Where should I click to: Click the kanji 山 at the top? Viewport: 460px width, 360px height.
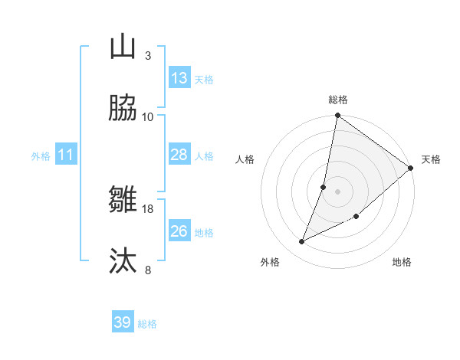pyautogui.click(x=123, y=47)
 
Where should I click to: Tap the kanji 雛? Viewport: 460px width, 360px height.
pyautogui.click(x=123, y=200)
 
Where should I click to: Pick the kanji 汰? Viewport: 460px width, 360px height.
pyautogui.click(x=123, y=261)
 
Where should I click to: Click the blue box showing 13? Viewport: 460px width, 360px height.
pyautogui.click(x=179, y=78)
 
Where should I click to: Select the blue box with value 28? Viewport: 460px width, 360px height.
pyautogui.click(x=179, y=155)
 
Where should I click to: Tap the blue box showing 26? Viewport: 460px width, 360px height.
pyautogui.click(x=179, y=231)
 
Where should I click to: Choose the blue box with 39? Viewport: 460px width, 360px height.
pyautogui.click(x=123, y=322)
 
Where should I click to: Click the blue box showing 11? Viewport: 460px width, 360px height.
pyautogui.click(x=66, y=155)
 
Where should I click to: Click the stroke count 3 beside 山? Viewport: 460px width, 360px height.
pyautogui.click(x=148, y=55)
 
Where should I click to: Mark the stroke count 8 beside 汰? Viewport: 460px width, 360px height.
pyautogui.click(x=148, y=270)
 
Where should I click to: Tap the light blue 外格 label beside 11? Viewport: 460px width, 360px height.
pyautogui.click(x=41, y=156)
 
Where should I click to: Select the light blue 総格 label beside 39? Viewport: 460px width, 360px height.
pyautogui.click(x=148, y=324)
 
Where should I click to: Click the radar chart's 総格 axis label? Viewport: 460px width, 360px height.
pyautogui.click(x=338, y=100)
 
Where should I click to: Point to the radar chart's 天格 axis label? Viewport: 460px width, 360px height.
pyautogui.click(x=431, y=159)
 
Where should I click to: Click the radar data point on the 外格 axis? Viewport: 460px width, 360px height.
pyautogui.click(x=302, y=242)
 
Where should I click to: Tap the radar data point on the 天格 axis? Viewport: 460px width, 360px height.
pyautogui.click(x=411, y=169)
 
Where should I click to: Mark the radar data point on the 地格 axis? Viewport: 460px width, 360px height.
pyautogui.click(x=356, y=216)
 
